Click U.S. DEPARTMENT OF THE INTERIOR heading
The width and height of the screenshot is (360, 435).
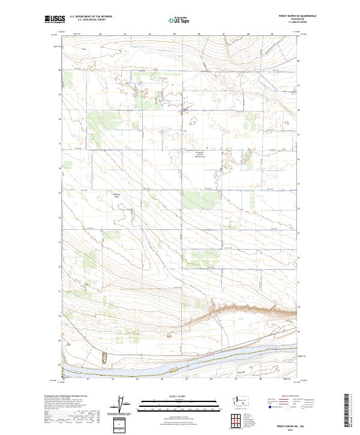coord(91,17)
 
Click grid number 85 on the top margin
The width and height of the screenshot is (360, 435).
coord(174,35)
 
